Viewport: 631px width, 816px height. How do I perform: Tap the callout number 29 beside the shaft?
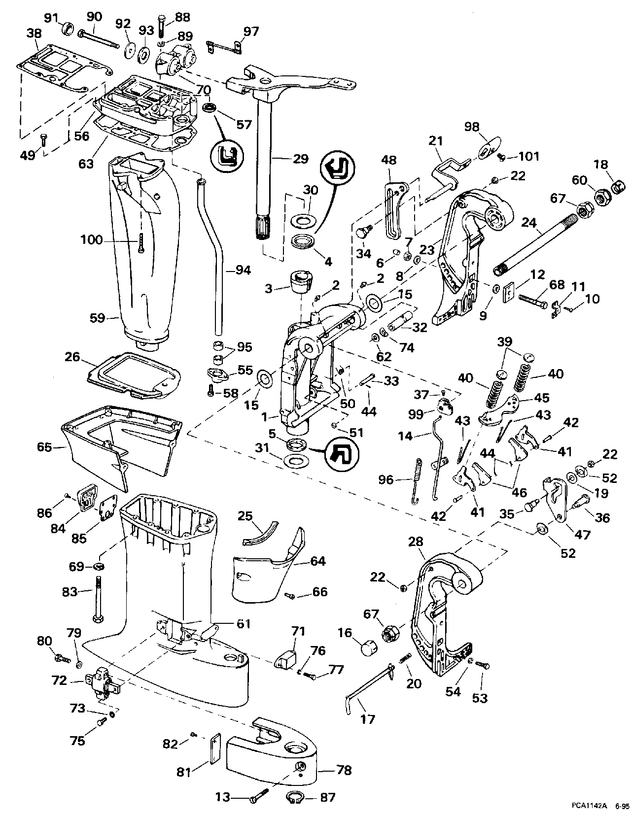click(x=300, y=159)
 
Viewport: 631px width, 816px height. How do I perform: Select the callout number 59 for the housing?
click(x=98, y=318)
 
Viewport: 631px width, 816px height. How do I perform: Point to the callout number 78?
click(x=343, y=771)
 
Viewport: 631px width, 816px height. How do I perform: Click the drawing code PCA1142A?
click(x=589, y=806)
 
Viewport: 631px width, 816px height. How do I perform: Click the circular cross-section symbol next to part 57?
click(x=228, y=154)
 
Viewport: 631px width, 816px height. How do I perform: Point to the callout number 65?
click(x=44, y=447)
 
